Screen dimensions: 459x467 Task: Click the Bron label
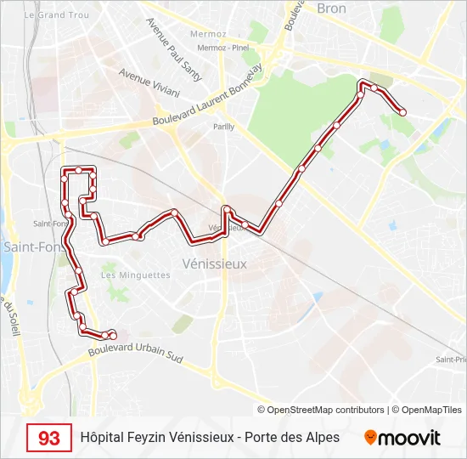332,8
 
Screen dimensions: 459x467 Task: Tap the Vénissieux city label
215,263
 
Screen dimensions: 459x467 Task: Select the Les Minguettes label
136,275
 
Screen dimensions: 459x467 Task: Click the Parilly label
223,127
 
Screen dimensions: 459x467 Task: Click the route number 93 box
49,439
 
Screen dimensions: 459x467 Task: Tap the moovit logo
402,438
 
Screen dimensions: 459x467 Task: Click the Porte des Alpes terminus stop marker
402,112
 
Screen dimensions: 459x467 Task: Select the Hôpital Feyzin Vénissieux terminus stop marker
113,337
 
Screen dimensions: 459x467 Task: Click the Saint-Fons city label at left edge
23,246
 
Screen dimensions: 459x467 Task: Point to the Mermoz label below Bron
208,35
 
